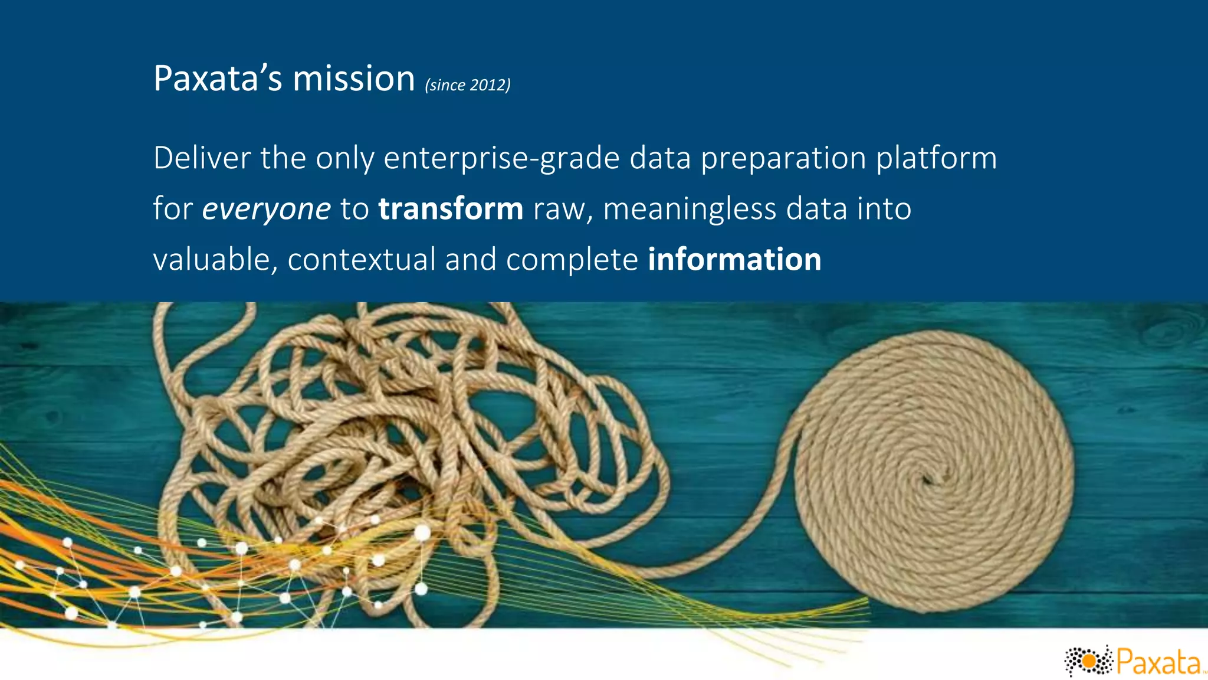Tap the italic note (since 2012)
point(468,86)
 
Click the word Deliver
point(202,158)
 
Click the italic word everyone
point(266,210)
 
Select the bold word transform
point(451,209)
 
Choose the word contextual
point(362,260)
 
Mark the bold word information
point(734,260)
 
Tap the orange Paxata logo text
point(1158,662)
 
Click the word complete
point(572,260)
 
